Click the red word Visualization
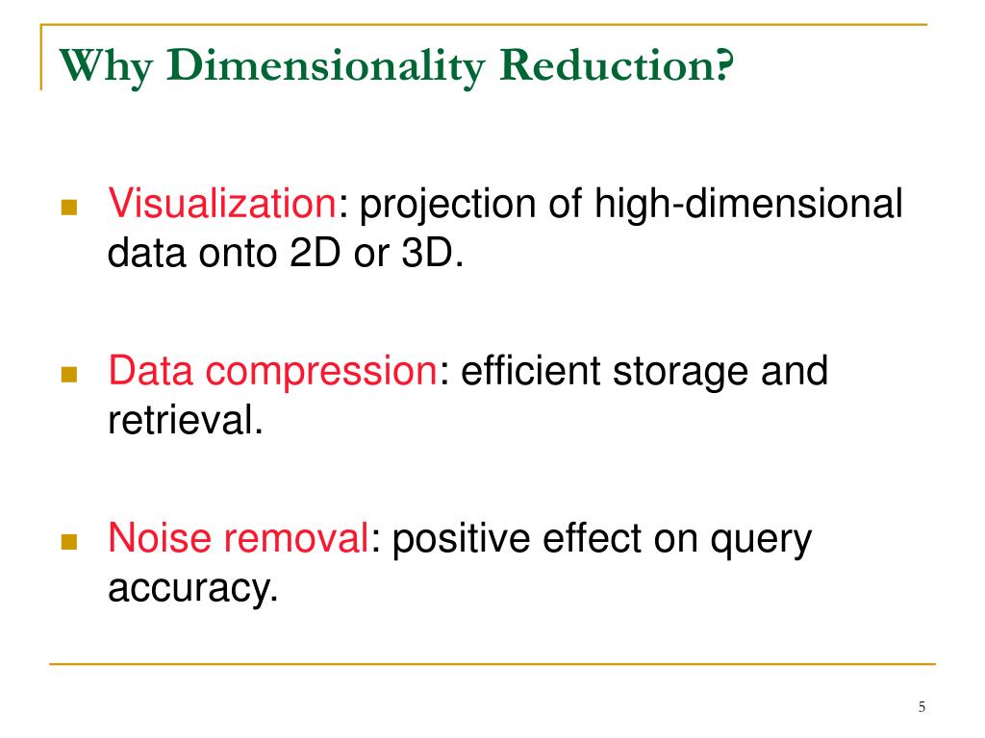(x=220, y=205)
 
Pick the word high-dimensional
(x=746, y=205)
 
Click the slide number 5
(x=922, y=708)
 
